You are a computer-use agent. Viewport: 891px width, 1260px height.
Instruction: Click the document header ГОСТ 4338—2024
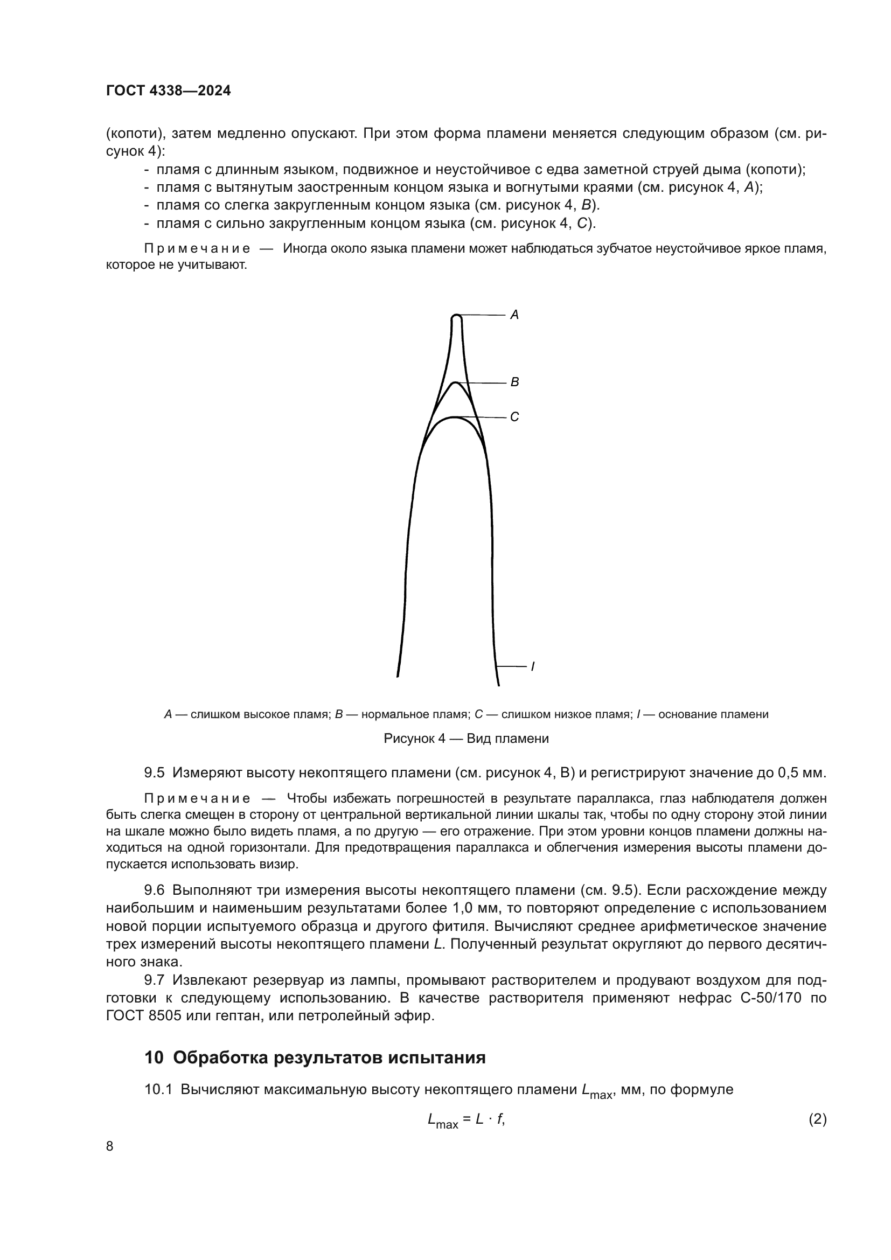pos(169,91)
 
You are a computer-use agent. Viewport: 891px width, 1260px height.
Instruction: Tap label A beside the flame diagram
pos(514,315)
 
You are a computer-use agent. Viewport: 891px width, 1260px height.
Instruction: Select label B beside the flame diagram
pos(514,382)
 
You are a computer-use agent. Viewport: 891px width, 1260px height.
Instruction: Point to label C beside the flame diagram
pos(514,417)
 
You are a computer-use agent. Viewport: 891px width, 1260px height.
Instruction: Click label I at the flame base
pos(532,667)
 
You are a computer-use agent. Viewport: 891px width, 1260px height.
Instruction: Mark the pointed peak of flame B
pos(455,382)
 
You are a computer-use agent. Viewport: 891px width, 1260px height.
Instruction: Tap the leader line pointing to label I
pos(511,667)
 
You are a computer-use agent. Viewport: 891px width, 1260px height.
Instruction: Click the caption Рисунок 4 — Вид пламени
pos(466,739)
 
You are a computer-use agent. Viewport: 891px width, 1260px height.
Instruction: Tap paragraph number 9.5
pos(154,772)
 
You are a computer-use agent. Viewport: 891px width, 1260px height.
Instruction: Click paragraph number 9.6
pos(154,890)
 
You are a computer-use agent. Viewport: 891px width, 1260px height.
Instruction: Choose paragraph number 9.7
pos(154,979)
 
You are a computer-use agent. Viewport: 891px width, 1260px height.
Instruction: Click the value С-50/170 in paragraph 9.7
pos(771,998)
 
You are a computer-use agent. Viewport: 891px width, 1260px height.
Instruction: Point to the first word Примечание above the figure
pos(197,248)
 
